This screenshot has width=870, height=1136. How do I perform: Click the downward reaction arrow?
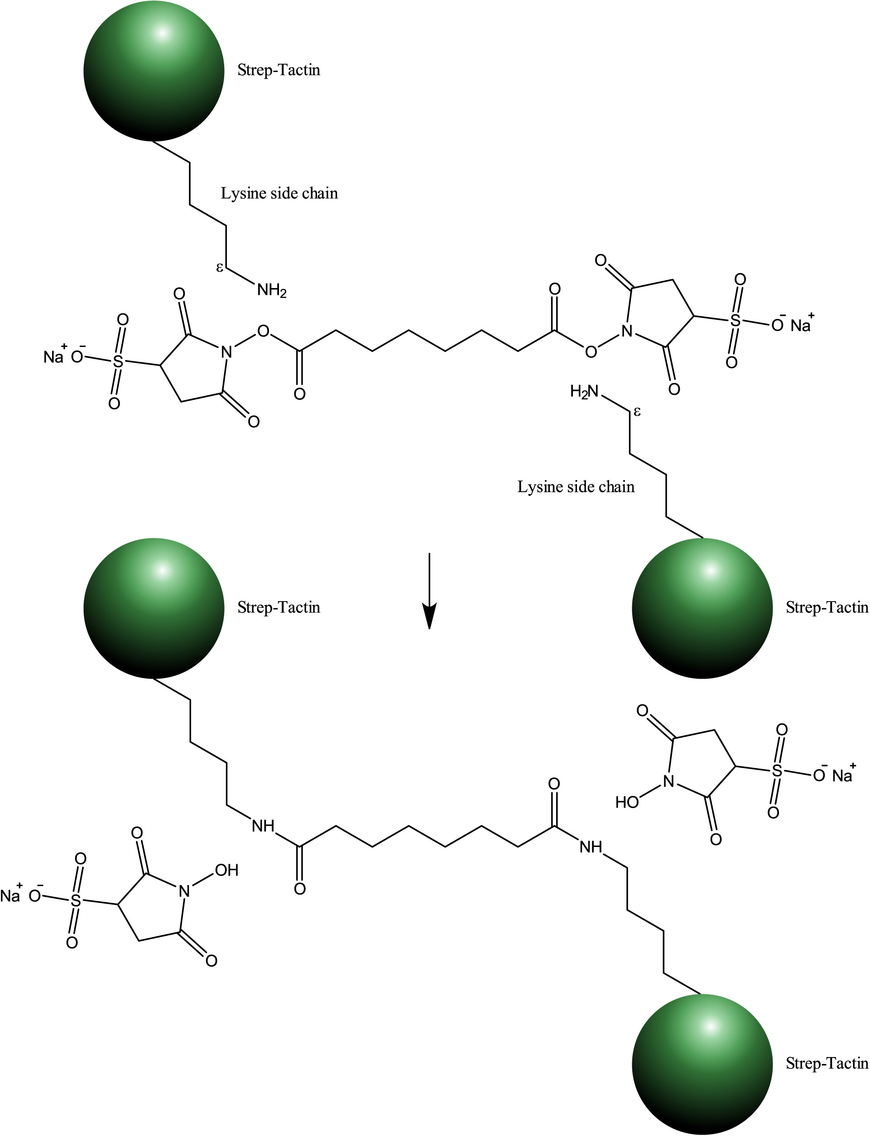pyautogui.click(x=429, y=590)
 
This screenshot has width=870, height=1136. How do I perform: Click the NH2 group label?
pyautogui.click(x=271, y=290)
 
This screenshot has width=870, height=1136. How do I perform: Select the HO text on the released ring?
pyautogui.click(x=627, y=802)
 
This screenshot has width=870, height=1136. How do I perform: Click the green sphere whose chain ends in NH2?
pyautogui.click(x=154, y=71)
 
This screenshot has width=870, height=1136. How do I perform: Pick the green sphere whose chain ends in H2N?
pyautogui.click(x=702, y=608)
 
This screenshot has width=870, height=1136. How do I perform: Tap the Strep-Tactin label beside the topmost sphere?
pyautogui.click(x=279, y=70)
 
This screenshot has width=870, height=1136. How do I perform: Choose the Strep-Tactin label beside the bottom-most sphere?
pyautogui.click(x=827, y=1063)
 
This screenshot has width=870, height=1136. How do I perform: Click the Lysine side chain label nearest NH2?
pyautogui.click(x=279, y=193)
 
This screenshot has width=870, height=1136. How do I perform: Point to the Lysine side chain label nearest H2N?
pyautogui.click(x=576, y=487)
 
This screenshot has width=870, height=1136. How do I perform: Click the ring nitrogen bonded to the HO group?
pyautogui.click(x=668, y=781)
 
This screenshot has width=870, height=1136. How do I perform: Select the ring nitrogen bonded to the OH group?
pyautogui.click(x=184, y=891)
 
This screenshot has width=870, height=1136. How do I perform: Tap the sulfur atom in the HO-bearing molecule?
pyautogui.click(x=777, y=771)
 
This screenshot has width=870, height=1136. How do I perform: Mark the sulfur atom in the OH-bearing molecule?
pyautogui.click(x=76, y=900)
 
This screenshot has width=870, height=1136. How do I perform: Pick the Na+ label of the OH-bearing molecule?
pyautogui.click(x=11, y=895)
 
